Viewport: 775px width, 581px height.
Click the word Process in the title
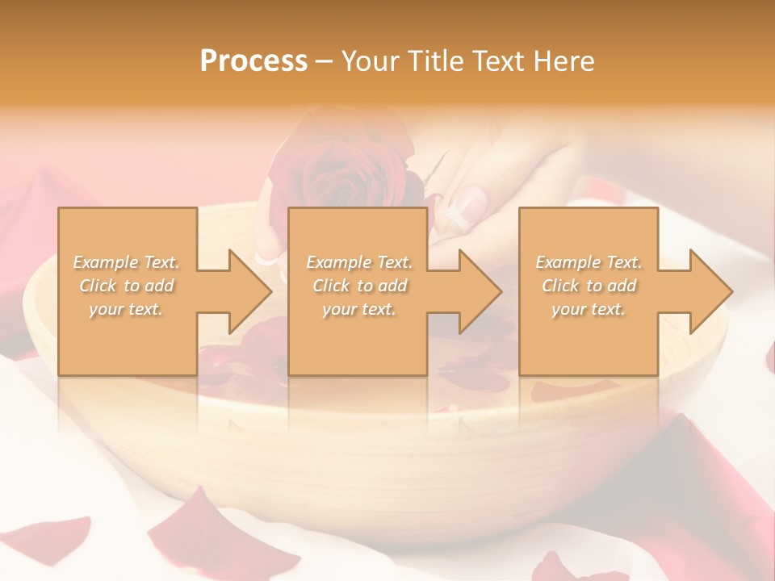tap(253, 61)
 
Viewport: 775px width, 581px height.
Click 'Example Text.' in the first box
tap(127, 262)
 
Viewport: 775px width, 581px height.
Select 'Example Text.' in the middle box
tap(359, 262)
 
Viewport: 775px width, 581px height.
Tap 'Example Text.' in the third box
tap(589, 262)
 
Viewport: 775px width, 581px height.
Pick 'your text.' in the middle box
tap(359, 310)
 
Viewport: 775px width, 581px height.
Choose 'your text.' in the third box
tap(589, 310)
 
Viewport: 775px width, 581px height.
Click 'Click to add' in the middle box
tap(359, 286)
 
